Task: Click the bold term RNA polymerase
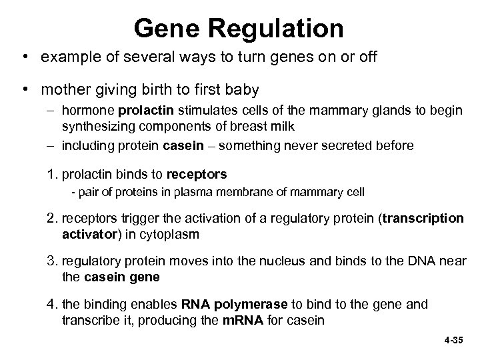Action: [234, 304]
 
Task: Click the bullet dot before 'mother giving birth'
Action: [25, 88]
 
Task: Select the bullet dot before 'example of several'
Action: [25, 57]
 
